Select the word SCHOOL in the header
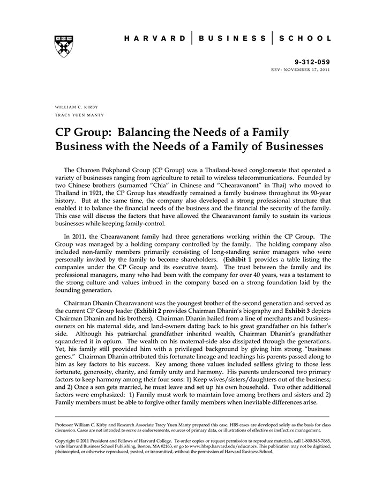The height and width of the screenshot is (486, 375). point(306,38)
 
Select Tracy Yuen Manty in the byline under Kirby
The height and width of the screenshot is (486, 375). point(79,115)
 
